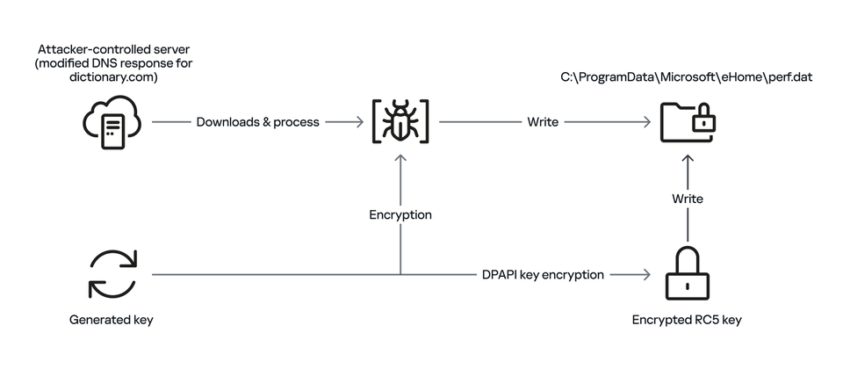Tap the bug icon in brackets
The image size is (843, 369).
[x=400, y=123]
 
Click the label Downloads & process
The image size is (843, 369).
[x=257, y=122]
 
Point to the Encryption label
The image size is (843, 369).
[x=400, y=214]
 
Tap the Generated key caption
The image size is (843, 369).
[x=112, y=320]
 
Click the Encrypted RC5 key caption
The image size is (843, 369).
[x=687, y=320]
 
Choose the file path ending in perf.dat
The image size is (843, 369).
[x=687, y=77]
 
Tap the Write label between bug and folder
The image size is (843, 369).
[x=543, y=122]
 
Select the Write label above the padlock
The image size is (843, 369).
[x=688, y=199]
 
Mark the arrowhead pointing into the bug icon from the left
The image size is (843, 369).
[x=359, y=122]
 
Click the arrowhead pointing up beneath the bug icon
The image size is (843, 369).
[x=400, y=158]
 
